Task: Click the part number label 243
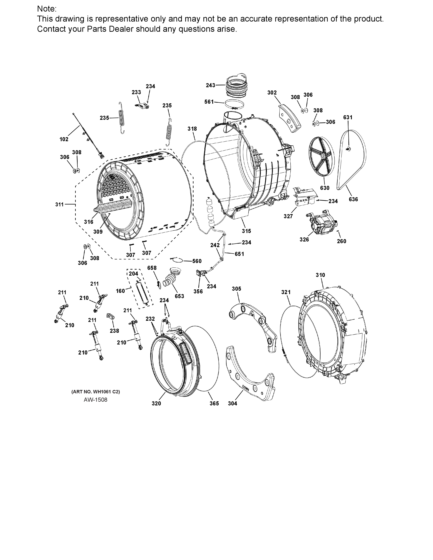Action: click(210, 85)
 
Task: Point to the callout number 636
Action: click(353, 199)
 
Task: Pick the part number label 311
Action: click(59, 204)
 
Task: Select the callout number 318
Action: click(192, 129)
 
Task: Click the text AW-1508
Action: click(95, 400)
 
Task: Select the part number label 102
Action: click(64, 139)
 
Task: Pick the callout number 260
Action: click(341, 241)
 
